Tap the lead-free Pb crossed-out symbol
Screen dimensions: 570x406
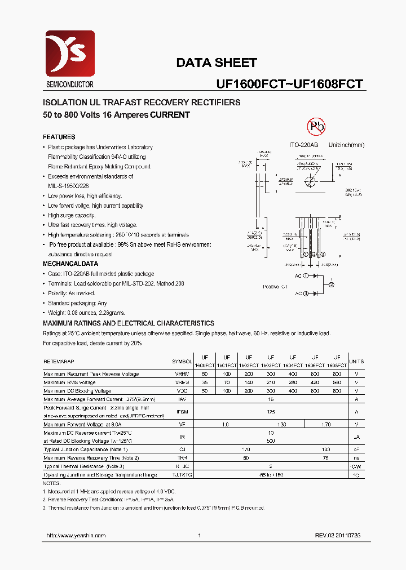316,126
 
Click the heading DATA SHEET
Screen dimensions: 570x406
217,63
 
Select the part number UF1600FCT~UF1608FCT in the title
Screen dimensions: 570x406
289,84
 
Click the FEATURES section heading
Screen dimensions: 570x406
59,137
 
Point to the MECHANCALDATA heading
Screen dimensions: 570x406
70,264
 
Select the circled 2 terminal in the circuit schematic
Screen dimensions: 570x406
332,285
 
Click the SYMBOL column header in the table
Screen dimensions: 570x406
182,361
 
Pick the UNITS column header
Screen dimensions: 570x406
356,361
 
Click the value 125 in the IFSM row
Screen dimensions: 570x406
271,412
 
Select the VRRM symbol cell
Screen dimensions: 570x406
182,374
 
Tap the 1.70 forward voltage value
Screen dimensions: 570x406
326,425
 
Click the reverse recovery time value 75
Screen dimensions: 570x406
326,458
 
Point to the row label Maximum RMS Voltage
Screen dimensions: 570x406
70,382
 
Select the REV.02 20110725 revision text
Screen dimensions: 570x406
338,536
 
